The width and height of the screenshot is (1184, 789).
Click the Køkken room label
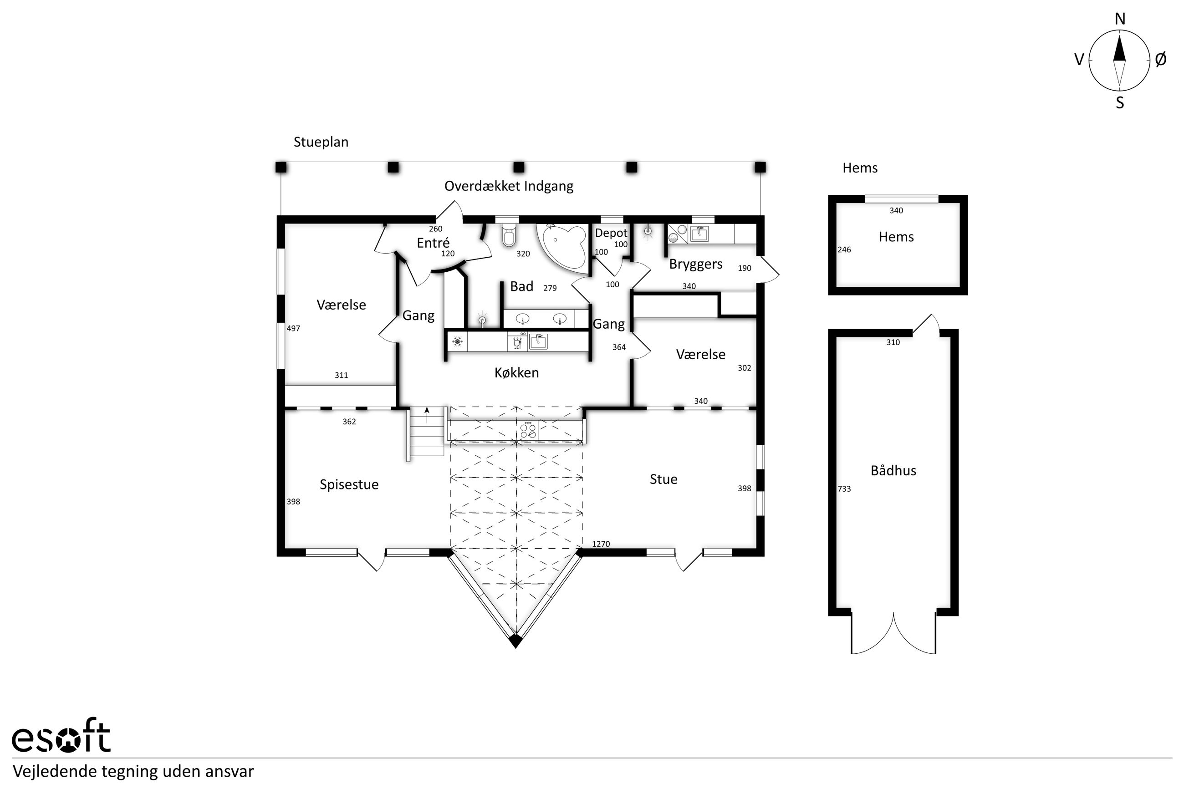pos(516,373)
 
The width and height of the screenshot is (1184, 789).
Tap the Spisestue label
pos(349,485)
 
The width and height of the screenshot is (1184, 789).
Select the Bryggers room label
pos(695,265)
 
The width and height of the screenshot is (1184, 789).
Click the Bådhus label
pos(893,470)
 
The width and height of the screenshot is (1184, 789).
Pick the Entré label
pos(433,243)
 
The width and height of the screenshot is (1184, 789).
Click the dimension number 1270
pos(601,544)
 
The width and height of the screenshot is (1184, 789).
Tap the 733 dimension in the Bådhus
pos(844,489)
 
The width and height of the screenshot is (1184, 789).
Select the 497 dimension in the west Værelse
pos(293,329)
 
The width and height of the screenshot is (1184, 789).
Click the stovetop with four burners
pos(528,430)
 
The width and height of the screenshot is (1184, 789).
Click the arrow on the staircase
pos(427,416)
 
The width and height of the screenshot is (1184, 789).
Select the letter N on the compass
pos(1120,19)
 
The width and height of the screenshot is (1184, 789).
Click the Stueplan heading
pos(321,143)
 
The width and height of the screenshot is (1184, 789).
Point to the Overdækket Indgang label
pos(509,186)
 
